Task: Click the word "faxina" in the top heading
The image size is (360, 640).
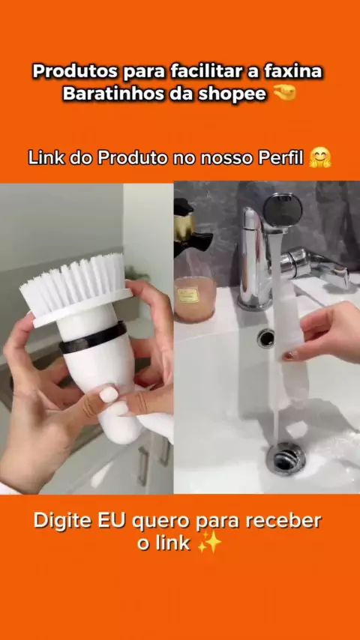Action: point(293,72)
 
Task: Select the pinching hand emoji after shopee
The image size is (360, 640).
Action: point(285,94)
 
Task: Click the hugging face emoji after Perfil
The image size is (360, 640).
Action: point(320,157)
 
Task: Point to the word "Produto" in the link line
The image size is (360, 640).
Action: point(133,158)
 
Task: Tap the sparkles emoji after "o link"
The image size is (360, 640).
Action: point(209,543)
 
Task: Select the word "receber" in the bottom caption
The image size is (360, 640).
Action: point(286,522)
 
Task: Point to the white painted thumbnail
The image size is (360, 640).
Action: point(109,395)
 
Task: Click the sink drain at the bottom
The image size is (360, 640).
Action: point(286,459)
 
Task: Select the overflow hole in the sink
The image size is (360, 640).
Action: point(265,338)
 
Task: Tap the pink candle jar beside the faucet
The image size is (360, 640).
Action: point(194,299)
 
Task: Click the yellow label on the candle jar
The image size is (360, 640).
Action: point(187,295)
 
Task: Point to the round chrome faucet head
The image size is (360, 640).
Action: point(283,211)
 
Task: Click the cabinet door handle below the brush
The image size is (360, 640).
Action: point(143,466)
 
